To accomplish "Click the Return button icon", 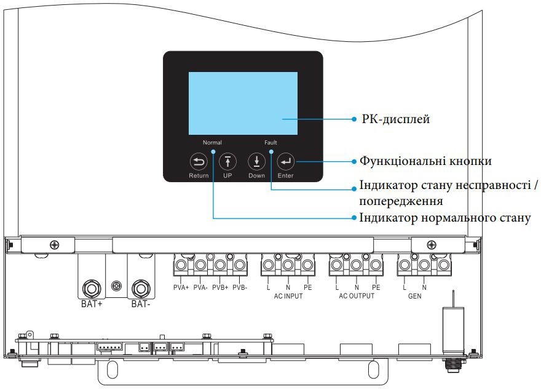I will click(x=198, y=162).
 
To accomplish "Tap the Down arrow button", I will click(x=256, y=162).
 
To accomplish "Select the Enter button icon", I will click(x=285, y=162).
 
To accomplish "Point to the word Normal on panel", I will click(x=213, y=142).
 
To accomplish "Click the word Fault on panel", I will click(x=271, y=142).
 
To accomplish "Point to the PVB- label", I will click(x=240, y=287).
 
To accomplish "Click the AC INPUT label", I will click(x=288, y=295).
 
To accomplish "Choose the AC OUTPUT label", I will click(x=357, y=295).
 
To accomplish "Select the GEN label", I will click(x=414, y=295).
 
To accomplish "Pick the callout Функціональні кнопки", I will click(x=425, y=161).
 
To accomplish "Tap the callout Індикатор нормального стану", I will click(x=444, y=218).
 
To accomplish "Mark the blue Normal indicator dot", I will click(x=213, y=150).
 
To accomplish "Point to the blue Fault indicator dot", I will click(x=270, y=150).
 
